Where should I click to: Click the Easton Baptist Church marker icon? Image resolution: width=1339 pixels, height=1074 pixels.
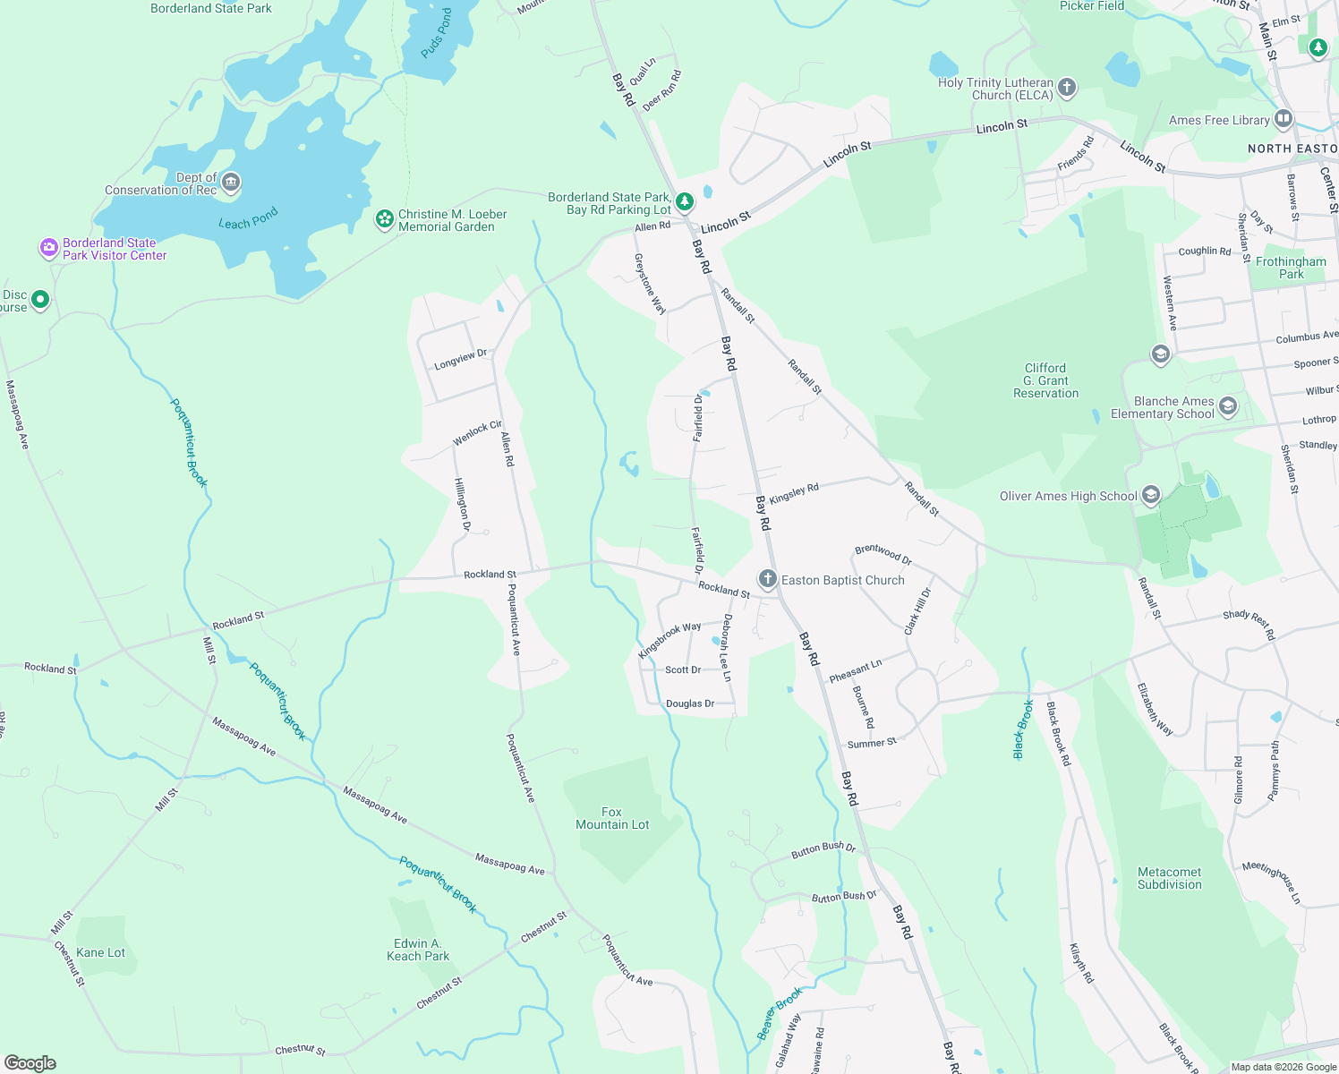pos(767,579)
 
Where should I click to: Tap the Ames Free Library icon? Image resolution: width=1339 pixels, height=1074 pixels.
pos(1283,119)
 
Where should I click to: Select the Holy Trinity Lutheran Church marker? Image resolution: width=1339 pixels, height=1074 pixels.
pos(1066,88)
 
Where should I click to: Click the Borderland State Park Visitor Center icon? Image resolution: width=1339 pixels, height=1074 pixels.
pos(49,248)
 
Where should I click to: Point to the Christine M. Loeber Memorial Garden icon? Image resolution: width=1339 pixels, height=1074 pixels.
pos(385,219)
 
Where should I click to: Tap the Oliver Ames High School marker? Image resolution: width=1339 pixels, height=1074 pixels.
pos(1151,495)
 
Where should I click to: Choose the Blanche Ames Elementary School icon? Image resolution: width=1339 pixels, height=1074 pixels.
pos(1227,407)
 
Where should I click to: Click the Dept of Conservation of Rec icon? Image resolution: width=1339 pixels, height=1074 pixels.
pos(230,183)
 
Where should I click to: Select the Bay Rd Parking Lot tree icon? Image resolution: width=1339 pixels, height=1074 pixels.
pos(685,202)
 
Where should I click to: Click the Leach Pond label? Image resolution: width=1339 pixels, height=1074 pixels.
pos(248,218)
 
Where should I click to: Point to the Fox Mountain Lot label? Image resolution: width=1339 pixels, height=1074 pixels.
pos(612,818)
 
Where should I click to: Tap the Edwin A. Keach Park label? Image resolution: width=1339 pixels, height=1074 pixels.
pos(418,950)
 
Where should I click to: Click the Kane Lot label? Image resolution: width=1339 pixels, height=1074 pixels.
pos(101,952)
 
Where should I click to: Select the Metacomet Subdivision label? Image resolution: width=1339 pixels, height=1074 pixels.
pos(1169,878)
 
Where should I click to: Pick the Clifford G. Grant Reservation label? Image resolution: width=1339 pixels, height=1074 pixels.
pos(1045,380)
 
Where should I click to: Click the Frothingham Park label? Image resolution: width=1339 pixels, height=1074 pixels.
pos(1291,268)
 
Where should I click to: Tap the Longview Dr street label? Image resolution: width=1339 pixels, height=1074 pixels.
pos(460,360)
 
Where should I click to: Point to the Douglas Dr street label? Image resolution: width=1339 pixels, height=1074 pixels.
pos(690,703)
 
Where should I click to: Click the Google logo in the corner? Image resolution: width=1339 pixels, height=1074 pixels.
pos(30,1063)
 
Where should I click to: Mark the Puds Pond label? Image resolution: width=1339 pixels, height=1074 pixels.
pos(437,33)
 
